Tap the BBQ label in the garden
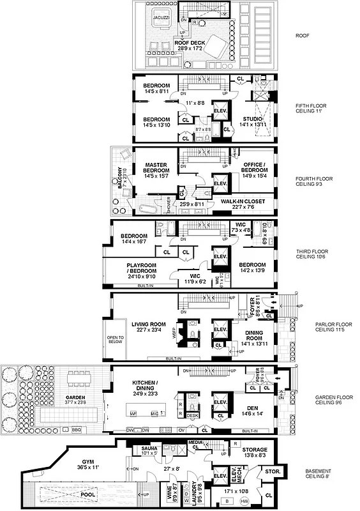79,429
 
